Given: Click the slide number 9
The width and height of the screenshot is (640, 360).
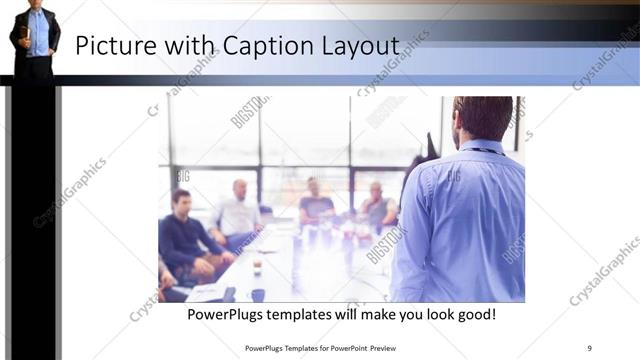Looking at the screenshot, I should [589, 348].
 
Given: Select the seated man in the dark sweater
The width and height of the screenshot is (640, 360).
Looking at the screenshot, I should [184, 240].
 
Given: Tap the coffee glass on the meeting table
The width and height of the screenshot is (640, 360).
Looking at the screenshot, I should [257, 267].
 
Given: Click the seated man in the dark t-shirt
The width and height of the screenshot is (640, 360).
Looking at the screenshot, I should [316, 205].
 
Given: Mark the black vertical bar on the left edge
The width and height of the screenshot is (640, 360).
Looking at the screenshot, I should [33, 220].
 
